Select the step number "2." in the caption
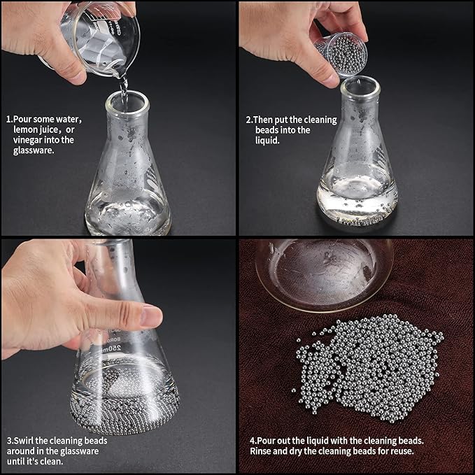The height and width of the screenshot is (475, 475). click(249, 120)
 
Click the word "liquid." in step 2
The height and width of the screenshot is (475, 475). click(267, 140)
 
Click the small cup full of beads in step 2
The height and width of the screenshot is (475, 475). click(341, 54)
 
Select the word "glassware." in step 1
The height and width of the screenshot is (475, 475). click(34, 150)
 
